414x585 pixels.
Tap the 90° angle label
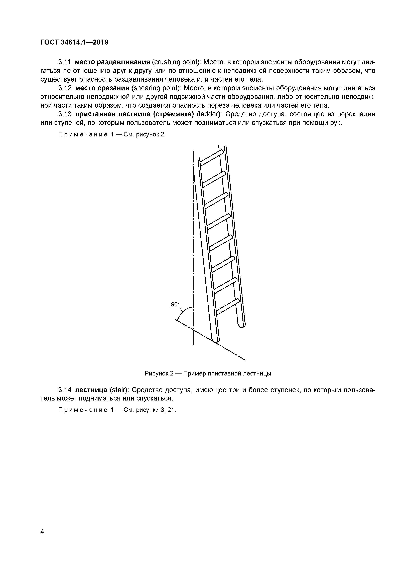click(175, 304)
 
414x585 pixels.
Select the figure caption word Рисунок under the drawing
click(156, 373)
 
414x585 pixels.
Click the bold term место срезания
click(102, 88)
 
